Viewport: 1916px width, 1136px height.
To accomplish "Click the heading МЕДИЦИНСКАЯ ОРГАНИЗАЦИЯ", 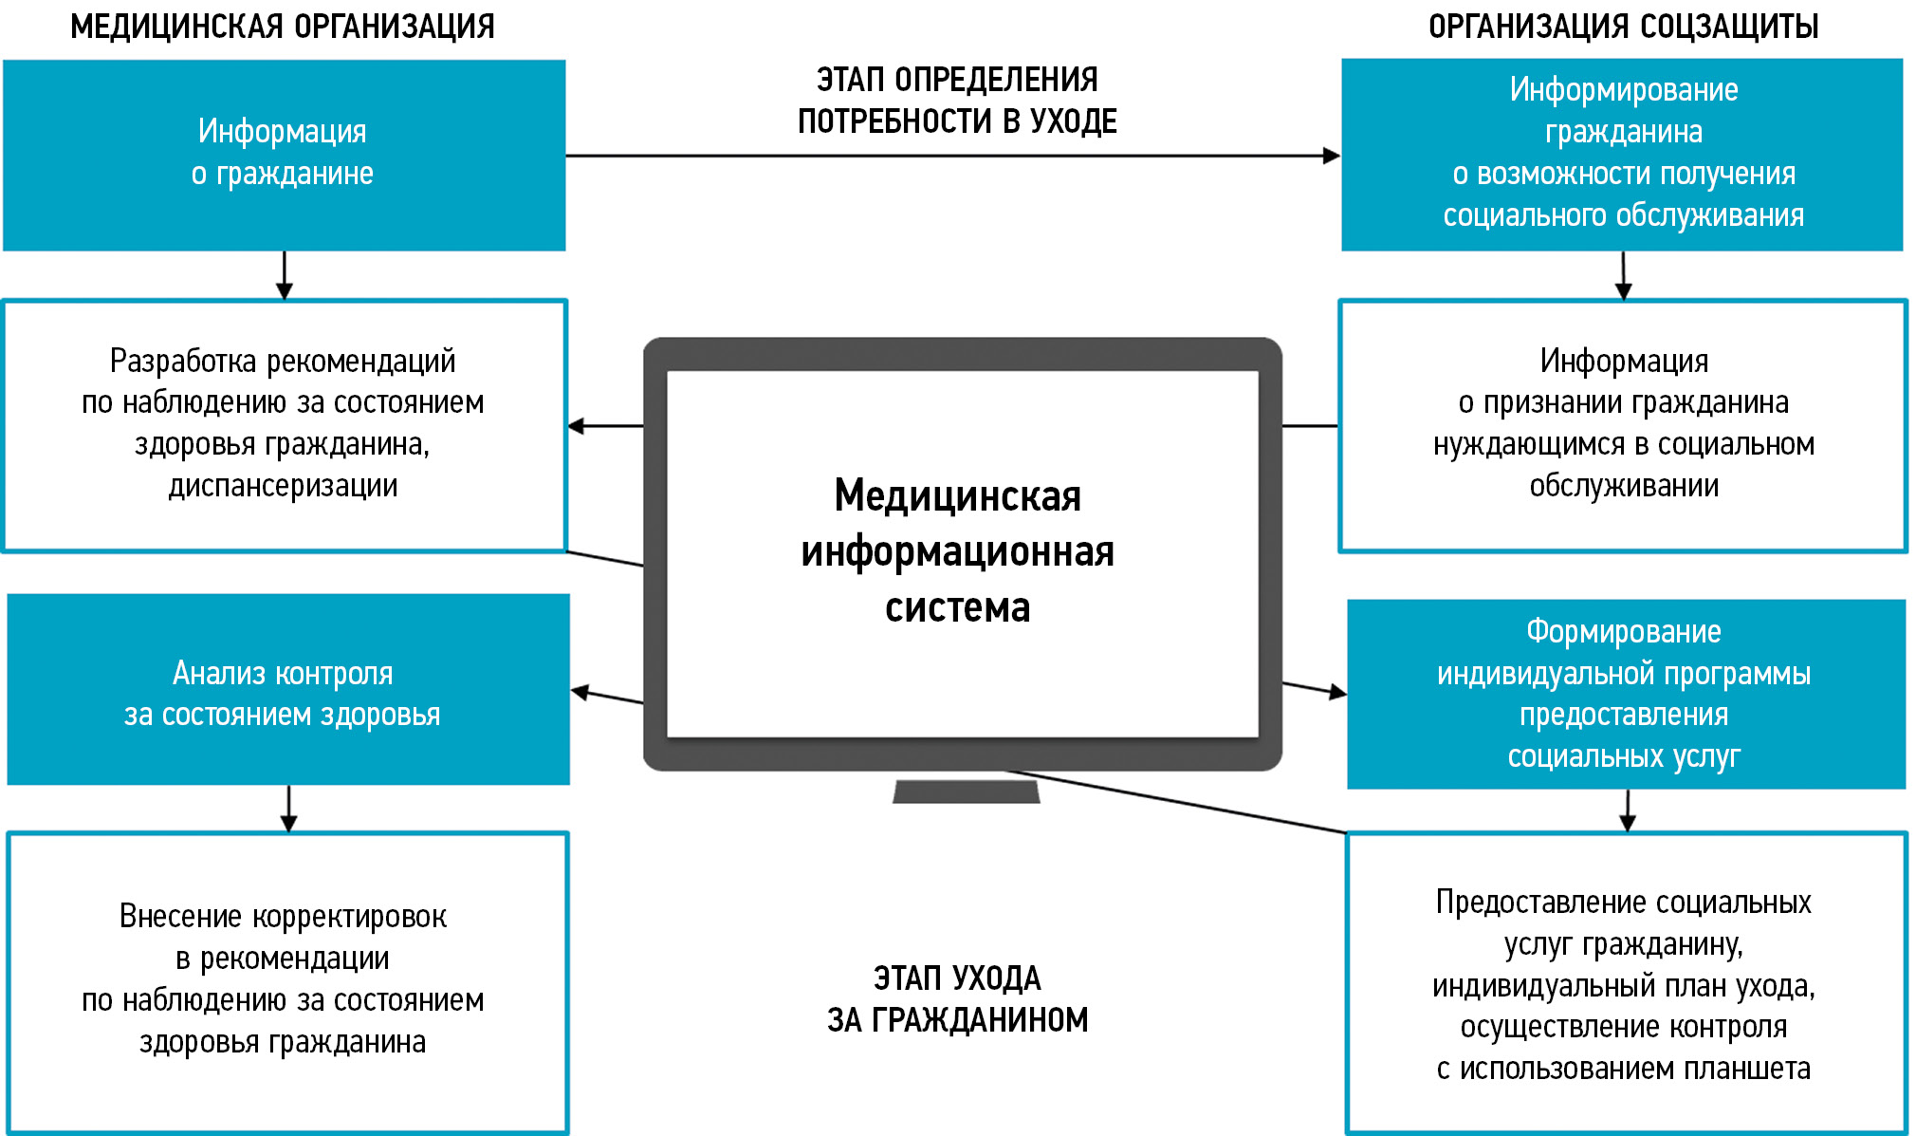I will click(x=283, y=27).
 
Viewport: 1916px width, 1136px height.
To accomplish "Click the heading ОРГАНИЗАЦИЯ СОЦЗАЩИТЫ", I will click(x=1623, y=27).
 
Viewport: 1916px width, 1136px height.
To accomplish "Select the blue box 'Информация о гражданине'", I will click(x=284, y=155).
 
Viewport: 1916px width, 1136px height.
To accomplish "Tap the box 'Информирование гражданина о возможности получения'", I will click(x=1622, y=155).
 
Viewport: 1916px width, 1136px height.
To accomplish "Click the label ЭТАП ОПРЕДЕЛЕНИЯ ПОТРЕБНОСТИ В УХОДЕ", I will click(x=957, y=101).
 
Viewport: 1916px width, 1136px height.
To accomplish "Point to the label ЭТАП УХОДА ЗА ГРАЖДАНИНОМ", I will click(x=957, y=998).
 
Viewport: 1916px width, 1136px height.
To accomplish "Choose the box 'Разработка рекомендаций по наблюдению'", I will click(x=284, y=424).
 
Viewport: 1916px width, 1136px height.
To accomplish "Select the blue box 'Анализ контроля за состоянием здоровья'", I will click(x=287, y=690).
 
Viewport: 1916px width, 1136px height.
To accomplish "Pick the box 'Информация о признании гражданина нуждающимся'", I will click(x=1623, y=424).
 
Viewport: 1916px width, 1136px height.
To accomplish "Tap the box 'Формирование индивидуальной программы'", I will click(x=1626, y=694).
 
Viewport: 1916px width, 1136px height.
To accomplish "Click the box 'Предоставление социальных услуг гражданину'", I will click(x=1626, y=983).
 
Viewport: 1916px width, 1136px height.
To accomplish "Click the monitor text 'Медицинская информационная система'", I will click(x=958, y=551).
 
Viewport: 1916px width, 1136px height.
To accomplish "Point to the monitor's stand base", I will click(x=966, y=791).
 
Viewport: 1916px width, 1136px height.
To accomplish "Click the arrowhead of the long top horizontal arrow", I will click(x=1332, y=156).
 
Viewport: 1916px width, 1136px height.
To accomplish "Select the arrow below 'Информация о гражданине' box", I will click(x=285, y=276).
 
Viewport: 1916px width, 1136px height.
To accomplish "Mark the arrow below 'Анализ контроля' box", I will click(x=289, y=810).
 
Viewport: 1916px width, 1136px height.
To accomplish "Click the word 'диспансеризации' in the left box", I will click(x=283, y=486).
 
